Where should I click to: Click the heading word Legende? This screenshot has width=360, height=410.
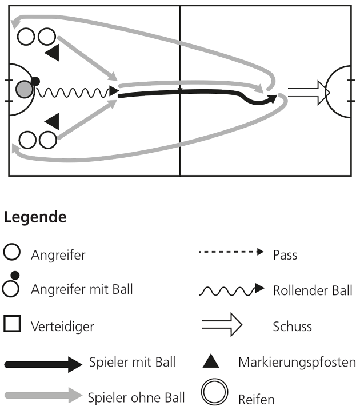click(x=35, y=218)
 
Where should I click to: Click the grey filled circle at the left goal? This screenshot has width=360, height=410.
click(x=23, y=89)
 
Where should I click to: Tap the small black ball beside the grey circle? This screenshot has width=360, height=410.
click(x=35, y=81)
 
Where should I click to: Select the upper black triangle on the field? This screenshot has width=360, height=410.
click(x=52, y=54)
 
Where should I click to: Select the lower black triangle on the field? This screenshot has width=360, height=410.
click(x=52, y=121)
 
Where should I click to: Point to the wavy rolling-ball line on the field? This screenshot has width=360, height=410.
click(x=74, y=91)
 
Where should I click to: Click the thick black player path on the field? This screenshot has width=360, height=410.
click(x=183, y=93)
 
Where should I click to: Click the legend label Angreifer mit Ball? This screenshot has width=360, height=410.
click(x=82, y=289)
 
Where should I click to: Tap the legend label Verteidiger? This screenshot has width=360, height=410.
click(x=62, y=326)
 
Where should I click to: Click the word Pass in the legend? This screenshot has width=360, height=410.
click(x=285, y=255)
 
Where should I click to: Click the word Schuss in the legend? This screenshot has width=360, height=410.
click(x=293, y=327)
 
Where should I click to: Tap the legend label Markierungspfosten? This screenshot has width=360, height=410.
click(x=296, y=362)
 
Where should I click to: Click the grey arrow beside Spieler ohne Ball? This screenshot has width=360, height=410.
click(x=43, y=395)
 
